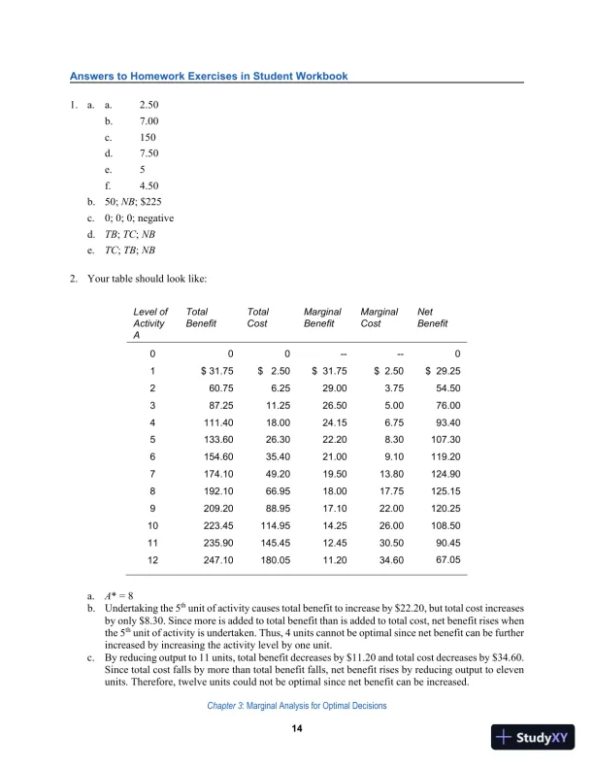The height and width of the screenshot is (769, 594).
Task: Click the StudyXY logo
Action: tap(532, 737)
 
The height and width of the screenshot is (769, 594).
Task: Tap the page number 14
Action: tap(298, 729)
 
